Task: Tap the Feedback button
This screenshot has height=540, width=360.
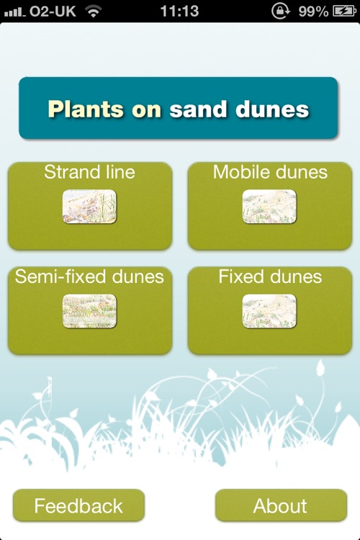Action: click(x=78, y=505)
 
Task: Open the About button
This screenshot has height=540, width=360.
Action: click(x=280, y=505)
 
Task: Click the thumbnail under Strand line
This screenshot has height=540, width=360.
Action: click(x=89, y=206)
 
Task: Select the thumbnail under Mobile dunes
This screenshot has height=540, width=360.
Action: click(x=269, y=206)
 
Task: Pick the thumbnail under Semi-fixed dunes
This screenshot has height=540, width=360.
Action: click(x=89, y=311)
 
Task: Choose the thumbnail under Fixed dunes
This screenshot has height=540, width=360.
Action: click(x=269, y=311)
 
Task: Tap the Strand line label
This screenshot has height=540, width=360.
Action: click(x=89, y=172)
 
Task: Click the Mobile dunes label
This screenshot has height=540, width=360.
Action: click(x=270, y=172)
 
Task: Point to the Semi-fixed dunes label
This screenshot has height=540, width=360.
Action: click(x=89, y=277)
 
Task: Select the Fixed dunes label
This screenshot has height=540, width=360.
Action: click(x=270, y=277)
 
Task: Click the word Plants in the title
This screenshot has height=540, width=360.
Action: click(x=79, y=109)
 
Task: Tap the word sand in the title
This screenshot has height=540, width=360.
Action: click(x=197, y=109)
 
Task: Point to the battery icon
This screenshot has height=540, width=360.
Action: click(x=343, y=11)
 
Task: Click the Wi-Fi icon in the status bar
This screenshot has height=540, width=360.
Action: click(x=93, y=11)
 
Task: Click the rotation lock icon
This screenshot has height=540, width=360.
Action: click(x=279, y=11)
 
